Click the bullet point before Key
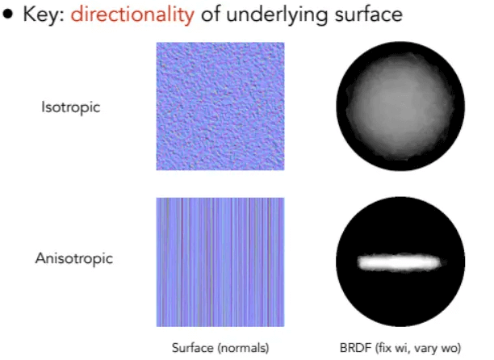(7, 15)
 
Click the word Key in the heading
(44, 15)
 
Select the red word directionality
(132, 15)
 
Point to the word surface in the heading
(369, 15)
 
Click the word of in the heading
(211, 15)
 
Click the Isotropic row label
(71, 107)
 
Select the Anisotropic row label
(74, 258)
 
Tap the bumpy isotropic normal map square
(220, 107)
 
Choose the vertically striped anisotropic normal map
(220, 262)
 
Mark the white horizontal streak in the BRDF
(400, 262)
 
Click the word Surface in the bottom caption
(192, 348)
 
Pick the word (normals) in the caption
(243, 349)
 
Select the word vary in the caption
(426, 349)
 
